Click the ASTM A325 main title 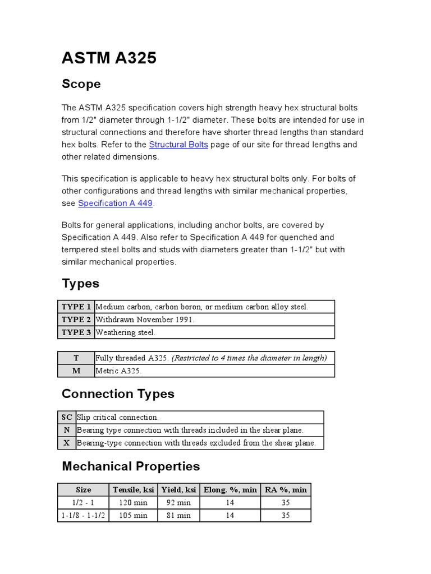pos(109,58)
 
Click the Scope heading pos(81,84)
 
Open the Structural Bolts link pos(178,145)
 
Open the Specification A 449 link pos(115,203)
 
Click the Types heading pos(80,284)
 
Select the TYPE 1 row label pos(76,307)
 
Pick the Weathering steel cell pos(125,332)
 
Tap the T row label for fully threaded pos(76,358)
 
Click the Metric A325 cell pos(118,371)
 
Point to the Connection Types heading pos(118,394)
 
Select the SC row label pos(66,417)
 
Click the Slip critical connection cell pos(118,417)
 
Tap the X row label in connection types pos(66,443)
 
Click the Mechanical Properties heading pos(131,466)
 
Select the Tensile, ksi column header pos(133,489)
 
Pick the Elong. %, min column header pos(230,489)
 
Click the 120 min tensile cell pos(133,502)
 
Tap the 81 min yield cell pos(178,515)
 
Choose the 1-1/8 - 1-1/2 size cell pos(83,515)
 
